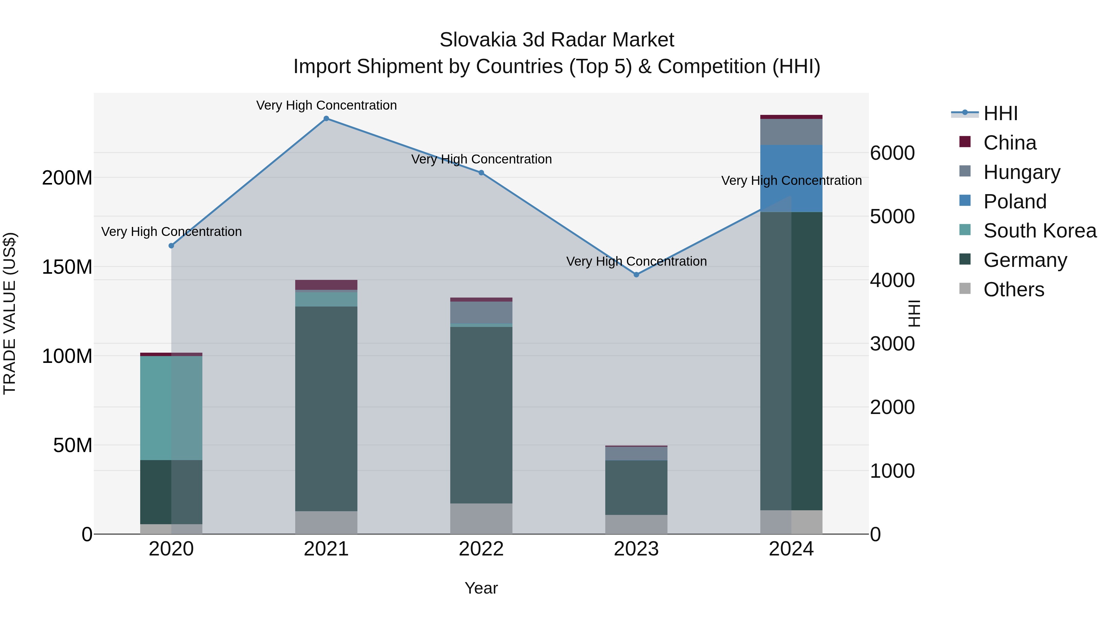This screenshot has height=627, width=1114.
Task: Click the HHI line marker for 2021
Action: pyautogui.click(x=326, y=119)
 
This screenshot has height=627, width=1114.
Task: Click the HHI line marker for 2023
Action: pyautogui.click(x=636, y=275)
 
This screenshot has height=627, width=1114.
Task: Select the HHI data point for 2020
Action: pyautogui.click(x=171, y=246)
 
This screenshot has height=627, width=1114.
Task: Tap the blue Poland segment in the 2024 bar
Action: pyautogui.click(x=791, y=178)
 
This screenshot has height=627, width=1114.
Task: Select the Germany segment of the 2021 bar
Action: pyautogui.click(x=326, y=409)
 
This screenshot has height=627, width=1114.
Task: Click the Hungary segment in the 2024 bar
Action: pyautogui.click(x=791, y=132)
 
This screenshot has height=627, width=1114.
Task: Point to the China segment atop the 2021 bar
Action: pyautogui.click(x=326, y=285)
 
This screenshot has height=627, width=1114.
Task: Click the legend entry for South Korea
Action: pyautogui.click(x=1040, y=231)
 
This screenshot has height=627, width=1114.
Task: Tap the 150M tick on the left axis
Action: pyautogui.click(x=67, y=267)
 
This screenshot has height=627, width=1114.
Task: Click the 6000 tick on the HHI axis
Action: pyautogui.click(x=892, y=153)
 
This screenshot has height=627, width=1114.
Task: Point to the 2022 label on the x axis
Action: pyautogui.click(x=481, y=549)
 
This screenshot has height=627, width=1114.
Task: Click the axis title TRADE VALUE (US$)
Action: pyautogui.click(x=10, y=313)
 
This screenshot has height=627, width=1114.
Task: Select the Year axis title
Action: pyautogui.click(x=481, y=588)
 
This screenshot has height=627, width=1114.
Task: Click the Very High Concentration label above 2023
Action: pyautogui.click(x=636, y=261)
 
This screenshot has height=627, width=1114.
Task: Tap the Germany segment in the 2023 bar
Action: pyautogui.click(x=636, y=487)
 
